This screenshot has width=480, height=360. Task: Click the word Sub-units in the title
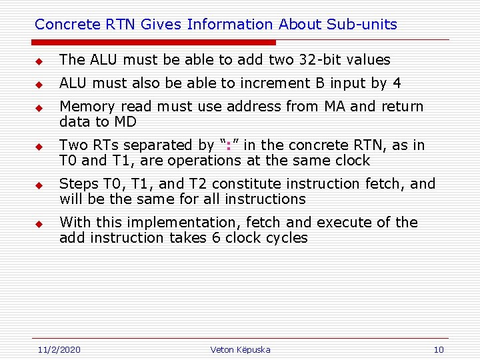point(362,25)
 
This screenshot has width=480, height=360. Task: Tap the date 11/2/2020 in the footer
point(59,349)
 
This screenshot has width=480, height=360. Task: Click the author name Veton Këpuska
point(240,349)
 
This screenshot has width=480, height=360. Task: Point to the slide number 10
point(438,349)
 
